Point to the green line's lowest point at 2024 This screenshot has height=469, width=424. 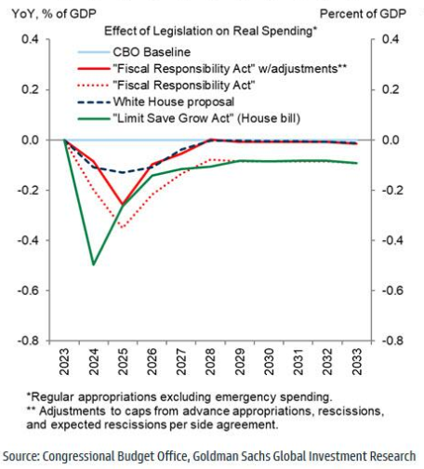(93, 264)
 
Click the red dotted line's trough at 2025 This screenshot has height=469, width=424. (121, 227)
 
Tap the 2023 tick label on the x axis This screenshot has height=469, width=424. (64, 361)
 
